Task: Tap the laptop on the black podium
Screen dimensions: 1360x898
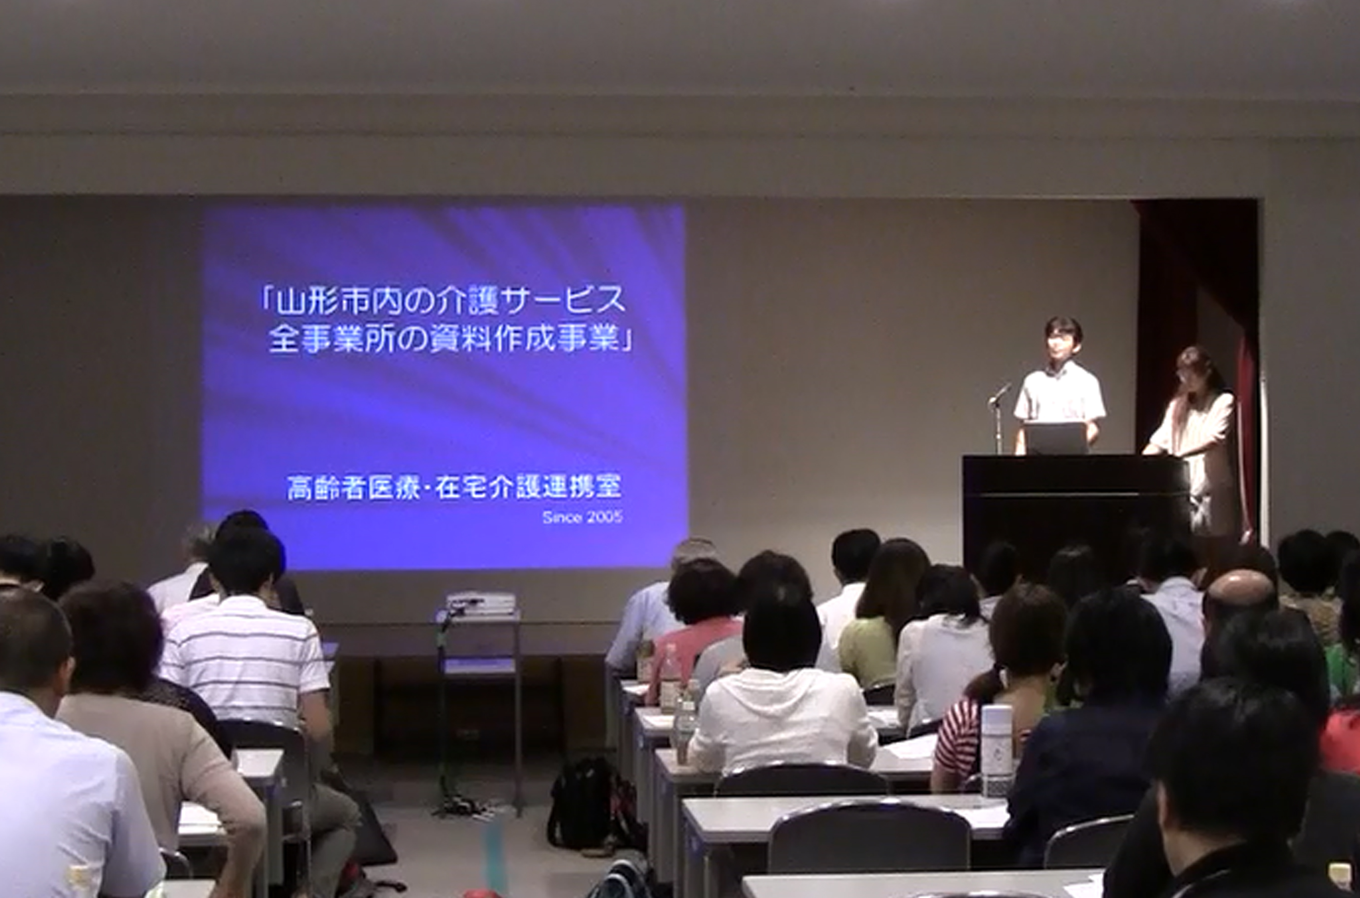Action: coord(1055,438)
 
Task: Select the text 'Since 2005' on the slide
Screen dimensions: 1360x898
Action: coord(583,518)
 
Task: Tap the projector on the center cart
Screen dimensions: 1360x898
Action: coord(481,605)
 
